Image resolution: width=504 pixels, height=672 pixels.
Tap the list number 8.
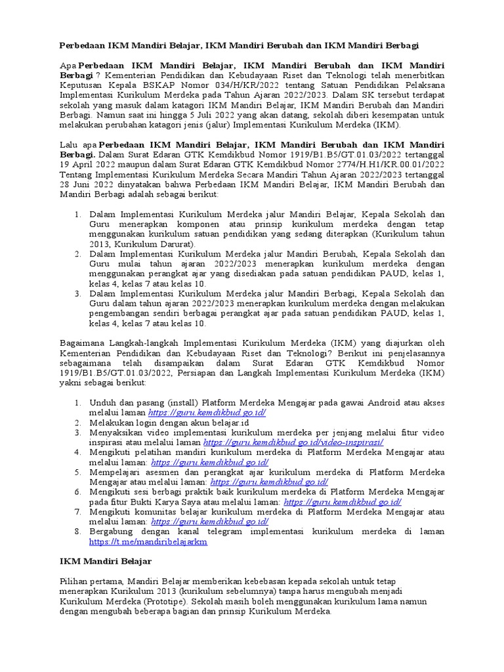(x=77, y=532)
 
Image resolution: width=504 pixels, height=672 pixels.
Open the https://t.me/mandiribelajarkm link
(x=148, y=542)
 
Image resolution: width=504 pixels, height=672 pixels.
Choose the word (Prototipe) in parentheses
(x=162, y=601)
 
